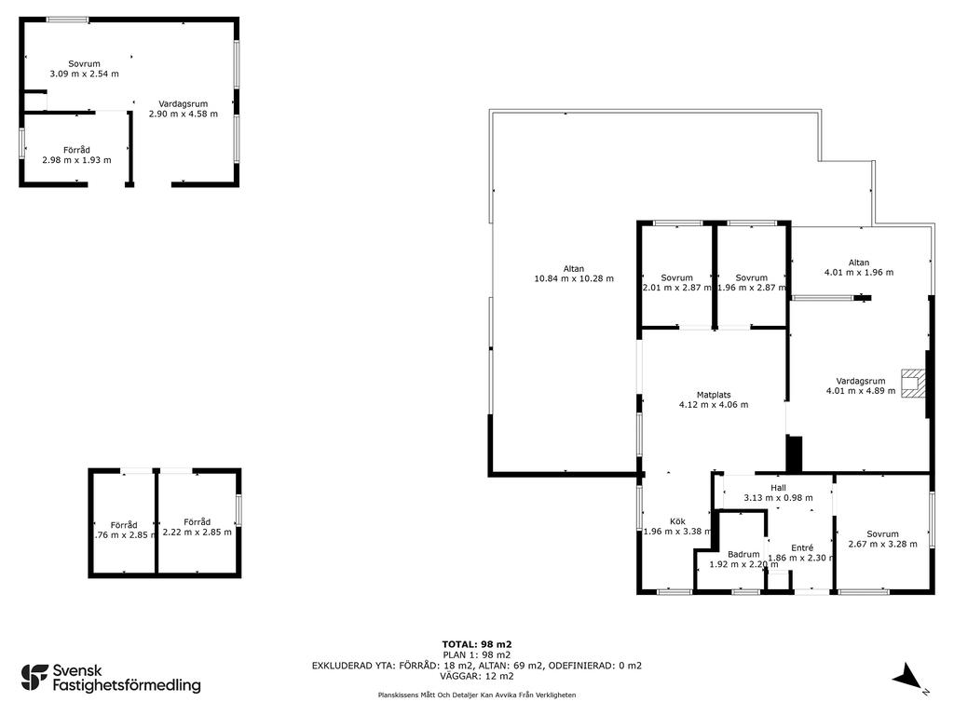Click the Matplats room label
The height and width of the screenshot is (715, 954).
[714, 395]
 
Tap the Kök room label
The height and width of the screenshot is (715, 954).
[678, 521]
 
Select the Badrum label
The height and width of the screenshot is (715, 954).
[743, 554]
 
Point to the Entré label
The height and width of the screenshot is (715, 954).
[802, 547]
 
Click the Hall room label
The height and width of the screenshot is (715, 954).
[778, 488]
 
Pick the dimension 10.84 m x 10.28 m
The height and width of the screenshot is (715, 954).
[574, 278]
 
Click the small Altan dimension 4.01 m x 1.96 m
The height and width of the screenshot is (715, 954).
[859, 273]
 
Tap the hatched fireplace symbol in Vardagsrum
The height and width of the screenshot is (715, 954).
[913, 383]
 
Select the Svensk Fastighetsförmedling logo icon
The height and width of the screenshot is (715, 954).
[34, 678]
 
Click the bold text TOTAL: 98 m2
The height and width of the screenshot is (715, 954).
[477, 644]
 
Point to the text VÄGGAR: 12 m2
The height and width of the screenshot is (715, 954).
[477, 676]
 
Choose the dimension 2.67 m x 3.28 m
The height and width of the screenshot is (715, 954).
[883, 544]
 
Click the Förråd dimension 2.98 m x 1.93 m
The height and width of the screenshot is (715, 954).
[76, 160]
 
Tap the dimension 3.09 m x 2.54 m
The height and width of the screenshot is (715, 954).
[84, 74]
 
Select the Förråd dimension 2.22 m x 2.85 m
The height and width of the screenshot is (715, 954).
[198, 532]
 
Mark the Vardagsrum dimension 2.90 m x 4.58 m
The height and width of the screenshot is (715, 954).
[184, 114]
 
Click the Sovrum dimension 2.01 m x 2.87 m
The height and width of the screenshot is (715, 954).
[677, 288]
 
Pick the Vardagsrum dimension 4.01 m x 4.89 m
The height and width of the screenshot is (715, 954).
[861, 391]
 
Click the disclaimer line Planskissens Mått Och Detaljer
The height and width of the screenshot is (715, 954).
[477, 695]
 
